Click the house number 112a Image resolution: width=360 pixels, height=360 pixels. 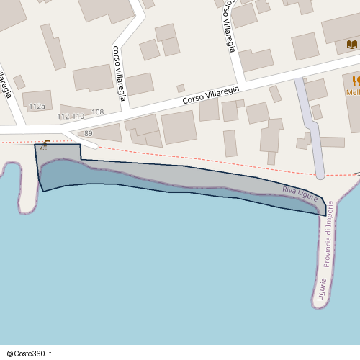37,107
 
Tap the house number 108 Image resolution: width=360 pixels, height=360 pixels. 98,112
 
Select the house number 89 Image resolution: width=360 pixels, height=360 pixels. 89,134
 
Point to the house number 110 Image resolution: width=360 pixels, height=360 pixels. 78,116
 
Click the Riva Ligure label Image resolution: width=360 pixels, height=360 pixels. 300,192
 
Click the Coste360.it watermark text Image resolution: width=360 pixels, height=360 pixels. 34,354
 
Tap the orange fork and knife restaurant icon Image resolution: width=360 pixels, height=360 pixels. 356,80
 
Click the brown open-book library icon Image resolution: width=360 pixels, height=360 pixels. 351,45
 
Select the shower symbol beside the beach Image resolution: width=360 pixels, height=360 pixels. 46,145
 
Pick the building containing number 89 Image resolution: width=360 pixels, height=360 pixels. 101,132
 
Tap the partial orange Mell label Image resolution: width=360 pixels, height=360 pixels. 354,92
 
